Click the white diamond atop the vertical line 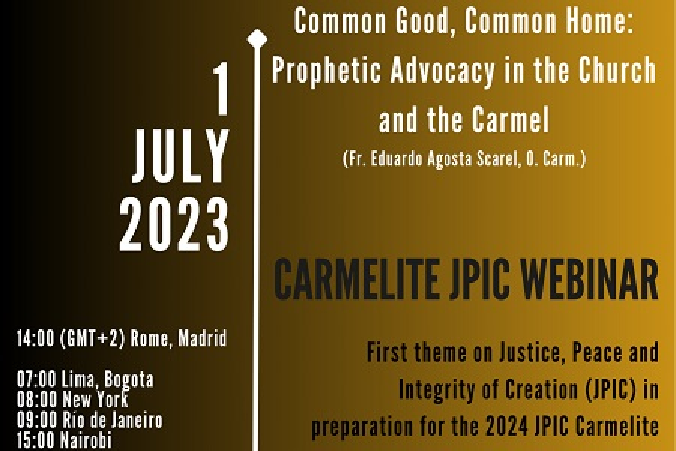click(257, 39)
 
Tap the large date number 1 click(222, 89)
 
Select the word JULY click(180, 156)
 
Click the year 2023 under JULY click(174, 225)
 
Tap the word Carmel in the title click(511, 120)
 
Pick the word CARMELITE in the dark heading click(356, 279)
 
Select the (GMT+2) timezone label click(92, 338)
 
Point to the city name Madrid click(202, 338)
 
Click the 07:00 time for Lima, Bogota click(36, 380)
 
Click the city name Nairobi click(86, 440)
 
